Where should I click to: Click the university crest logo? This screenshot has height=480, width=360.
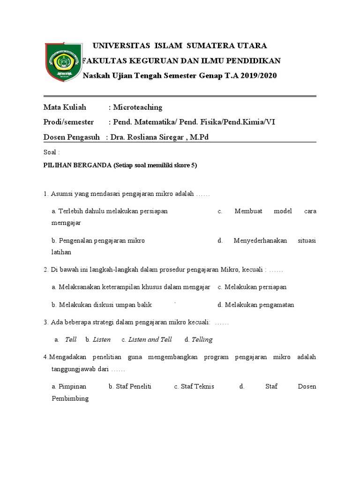[62, 61]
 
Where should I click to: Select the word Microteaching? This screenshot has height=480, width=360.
[138, 107]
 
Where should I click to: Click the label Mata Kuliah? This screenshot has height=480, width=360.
[65, 107]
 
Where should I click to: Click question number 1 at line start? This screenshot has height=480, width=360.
[46, 194]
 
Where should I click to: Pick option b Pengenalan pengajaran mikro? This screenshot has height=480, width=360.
[98, 240]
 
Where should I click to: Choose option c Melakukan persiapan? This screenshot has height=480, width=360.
[252, 287]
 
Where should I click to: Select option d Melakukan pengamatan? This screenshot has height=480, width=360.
[256, 305]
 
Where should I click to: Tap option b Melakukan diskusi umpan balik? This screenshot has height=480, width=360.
[102, 305]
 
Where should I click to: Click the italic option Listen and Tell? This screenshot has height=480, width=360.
[150, 339]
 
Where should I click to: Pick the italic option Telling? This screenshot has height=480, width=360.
[202, 339]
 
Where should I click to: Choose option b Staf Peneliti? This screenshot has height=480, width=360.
[129, 386]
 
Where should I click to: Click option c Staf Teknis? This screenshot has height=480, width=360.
[194, 386]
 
